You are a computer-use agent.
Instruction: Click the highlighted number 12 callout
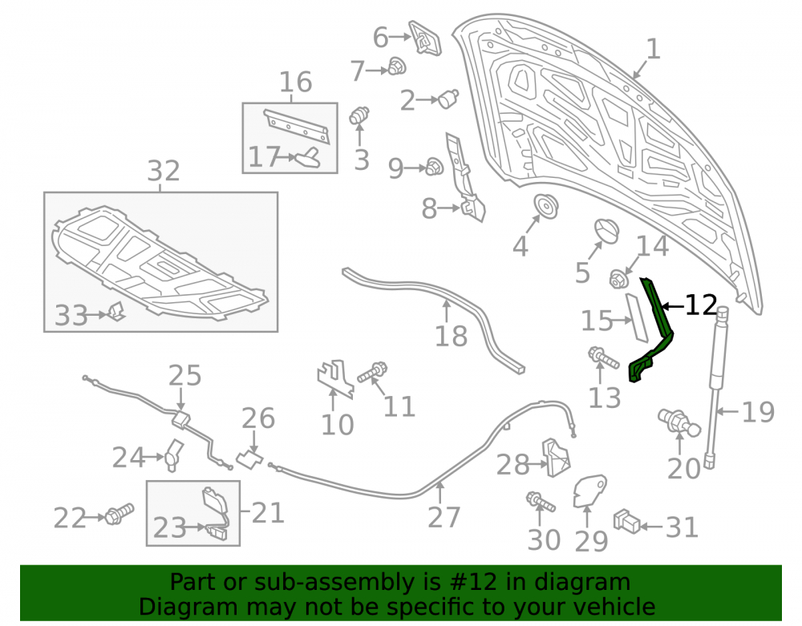701,305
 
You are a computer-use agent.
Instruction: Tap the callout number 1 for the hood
653,50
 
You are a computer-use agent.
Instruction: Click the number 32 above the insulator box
164,171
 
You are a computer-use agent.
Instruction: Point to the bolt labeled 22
119,513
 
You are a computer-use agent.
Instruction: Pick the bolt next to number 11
372,373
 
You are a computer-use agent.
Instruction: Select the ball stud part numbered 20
678,422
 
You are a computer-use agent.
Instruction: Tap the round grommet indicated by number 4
545,206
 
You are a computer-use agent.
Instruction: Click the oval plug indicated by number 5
607,232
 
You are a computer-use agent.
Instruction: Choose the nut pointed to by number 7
396,66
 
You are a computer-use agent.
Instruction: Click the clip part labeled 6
425,38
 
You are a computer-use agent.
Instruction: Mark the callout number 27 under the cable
444,517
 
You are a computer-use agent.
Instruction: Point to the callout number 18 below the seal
451,337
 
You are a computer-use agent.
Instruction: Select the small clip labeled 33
116,311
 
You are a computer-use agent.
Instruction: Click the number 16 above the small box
296,82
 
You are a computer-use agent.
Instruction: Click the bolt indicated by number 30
540,501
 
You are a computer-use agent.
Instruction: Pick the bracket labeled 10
335,378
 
